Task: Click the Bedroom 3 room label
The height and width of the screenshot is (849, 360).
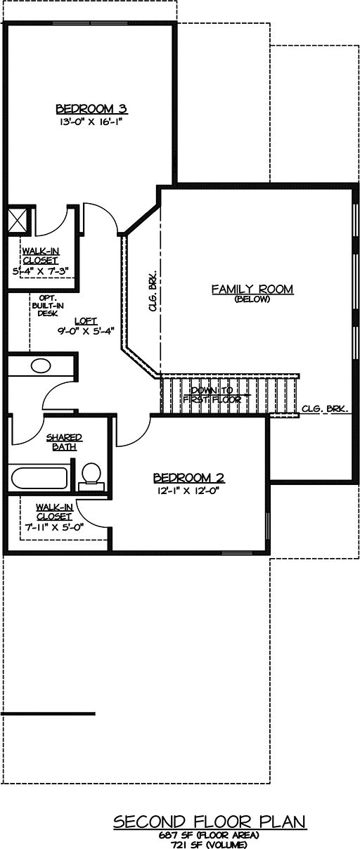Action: pos(91,109)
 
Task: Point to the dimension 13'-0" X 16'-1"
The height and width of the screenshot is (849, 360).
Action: pos(92,122)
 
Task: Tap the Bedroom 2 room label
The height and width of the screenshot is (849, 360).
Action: pos(189,478)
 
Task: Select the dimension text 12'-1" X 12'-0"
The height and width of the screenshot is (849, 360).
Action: pos(189,491)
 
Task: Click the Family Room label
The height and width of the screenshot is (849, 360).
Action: pos(252,289)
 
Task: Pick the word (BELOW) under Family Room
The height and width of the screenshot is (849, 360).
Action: pos(252,299)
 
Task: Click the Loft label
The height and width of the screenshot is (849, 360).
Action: pos(86,321)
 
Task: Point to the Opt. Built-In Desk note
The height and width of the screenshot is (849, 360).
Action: pos(48,306)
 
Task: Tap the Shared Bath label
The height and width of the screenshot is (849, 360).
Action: pos(64,442)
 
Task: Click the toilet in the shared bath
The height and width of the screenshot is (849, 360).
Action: pos(91,477)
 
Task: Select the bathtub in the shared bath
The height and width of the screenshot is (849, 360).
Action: pos(39,479)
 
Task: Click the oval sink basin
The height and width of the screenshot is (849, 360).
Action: pos(41,366)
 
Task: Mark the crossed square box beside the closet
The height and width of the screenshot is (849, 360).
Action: pos(18,219)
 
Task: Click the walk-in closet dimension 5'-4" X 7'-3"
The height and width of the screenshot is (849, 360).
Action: pos(41,272)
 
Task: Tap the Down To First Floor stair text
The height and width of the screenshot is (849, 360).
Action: pos(212,395)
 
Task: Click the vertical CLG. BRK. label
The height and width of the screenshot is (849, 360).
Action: pos(153,292)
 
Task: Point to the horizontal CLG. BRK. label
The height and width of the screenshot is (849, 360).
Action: pos(325,409)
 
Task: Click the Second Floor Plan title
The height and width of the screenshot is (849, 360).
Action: pos(210,822)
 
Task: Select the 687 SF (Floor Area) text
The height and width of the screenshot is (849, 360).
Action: pos(209,835)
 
